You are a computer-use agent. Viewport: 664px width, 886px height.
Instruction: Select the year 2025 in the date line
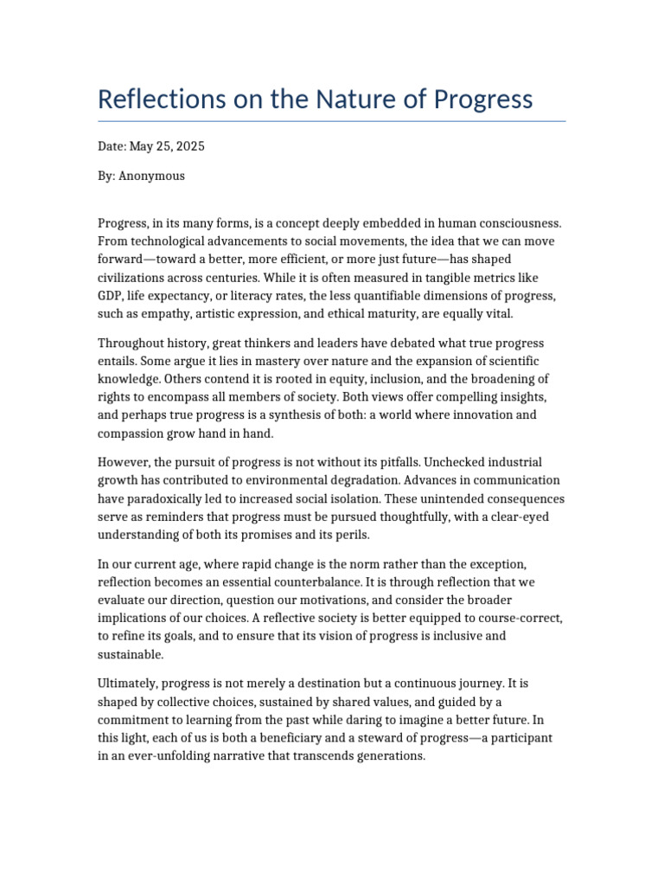pos(190,146)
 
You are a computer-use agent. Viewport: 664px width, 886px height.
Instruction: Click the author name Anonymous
pos(151,176)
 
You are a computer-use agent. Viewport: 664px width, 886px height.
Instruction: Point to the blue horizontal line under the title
pos(332,121)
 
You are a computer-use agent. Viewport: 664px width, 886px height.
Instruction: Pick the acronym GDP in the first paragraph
pos(111,296)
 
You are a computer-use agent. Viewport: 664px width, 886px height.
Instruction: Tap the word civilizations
pos(134,278)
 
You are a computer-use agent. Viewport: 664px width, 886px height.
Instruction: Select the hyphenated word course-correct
pos(519,618)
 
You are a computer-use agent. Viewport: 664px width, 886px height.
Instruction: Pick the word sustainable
pos(131,655)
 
